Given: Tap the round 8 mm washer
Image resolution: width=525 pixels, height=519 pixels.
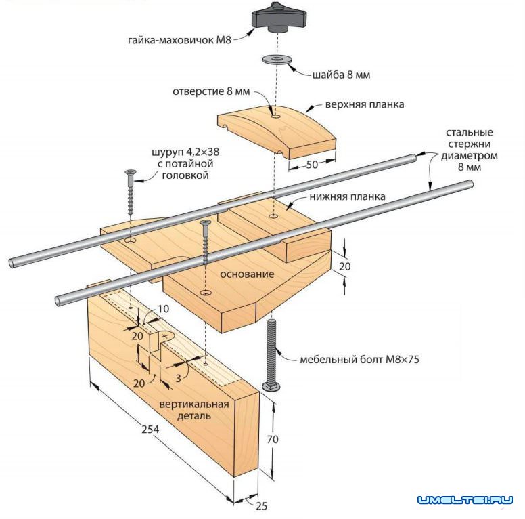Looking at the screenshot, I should point(275,60).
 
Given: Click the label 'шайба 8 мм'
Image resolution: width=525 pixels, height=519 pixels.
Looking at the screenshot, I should point(342,75).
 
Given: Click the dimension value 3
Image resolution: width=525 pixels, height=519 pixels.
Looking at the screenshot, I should point(179,378).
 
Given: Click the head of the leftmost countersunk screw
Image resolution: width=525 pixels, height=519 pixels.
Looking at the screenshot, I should point(130,174).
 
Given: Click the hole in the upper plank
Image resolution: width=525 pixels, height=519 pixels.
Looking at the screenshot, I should point(275,117).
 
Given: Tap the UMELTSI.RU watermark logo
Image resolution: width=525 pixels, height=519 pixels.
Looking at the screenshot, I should point(465,501).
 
